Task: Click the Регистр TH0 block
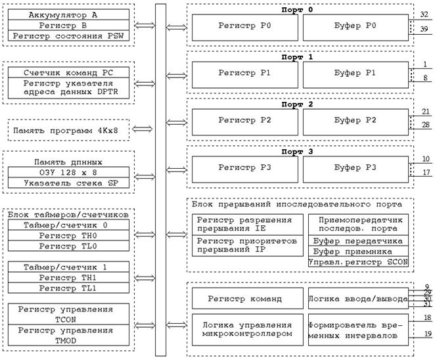coord(67,235)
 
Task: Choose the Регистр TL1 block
coord(67,288)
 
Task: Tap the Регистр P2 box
coord(244,120)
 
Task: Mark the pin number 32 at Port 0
coord(424,14)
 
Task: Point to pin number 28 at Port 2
coord(424,125)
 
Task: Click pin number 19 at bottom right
coord(426,334)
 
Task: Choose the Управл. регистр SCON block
coord(358,262)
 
